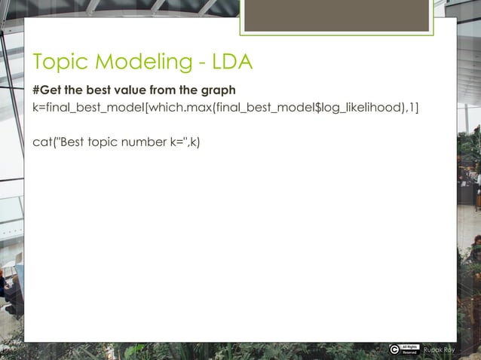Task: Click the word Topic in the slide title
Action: click(x=57, y=63)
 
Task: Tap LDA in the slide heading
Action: click(x=226, y=63)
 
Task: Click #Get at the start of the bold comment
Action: click(x=47, y=90)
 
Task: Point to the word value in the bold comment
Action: click(x=124, y=90)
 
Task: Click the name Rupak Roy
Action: click(x=439, y=349)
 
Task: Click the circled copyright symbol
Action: click(x=395, y=349)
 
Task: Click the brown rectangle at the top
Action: click(x=336, y=15)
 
